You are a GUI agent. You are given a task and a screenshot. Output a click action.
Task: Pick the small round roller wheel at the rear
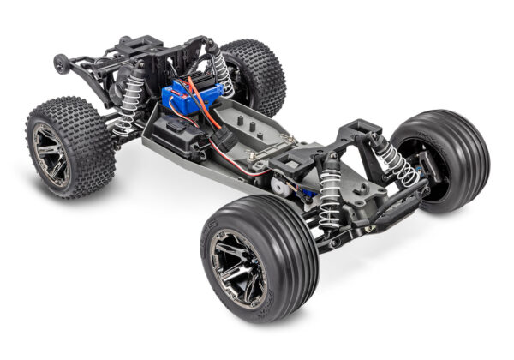(60, 63)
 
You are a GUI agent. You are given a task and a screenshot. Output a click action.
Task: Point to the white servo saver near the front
(278, 183)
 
